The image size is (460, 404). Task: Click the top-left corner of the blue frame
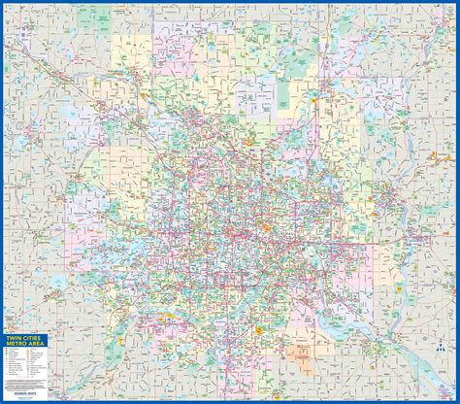pyautogui.click(x=3, y=3)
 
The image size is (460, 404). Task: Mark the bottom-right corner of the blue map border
pyautogui.click(x=456, y=400)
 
